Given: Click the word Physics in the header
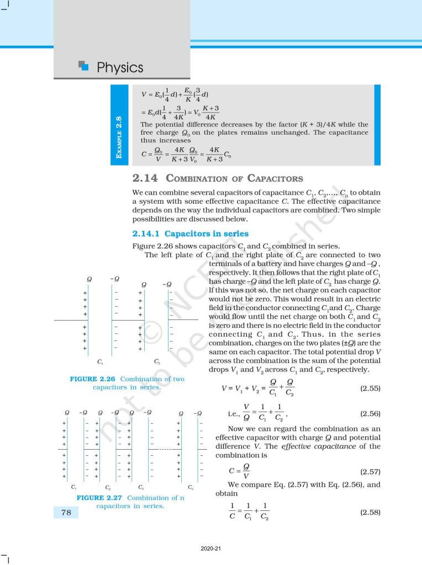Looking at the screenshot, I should (120, 67).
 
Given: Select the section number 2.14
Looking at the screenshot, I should (146, 178).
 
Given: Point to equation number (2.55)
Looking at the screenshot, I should (370, 388).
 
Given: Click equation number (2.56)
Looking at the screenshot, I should (370, 413).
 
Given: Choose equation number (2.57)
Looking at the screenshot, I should (370, 472).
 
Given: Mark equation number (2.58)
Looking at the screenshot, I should (370, 512).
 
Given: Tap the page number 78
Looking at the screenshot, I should (65, 513).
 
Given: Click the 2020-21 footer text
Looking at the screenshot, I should (210, 548).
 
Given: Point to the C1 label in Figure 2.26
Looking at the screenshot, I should (99, 362).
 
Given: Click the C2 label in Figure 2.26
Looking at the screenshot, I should (157, 362).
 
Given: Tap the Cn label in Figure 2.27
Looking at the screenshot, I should (190, 487).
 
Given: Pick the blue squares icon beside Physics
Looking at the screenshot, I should (83, 66).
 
